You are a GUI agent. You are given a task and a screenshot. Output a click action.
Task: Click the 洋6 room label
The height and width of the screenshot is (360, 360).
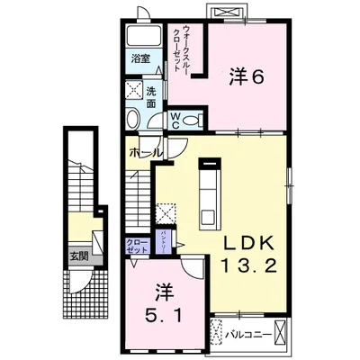pyautogui.click(x=245, y=77)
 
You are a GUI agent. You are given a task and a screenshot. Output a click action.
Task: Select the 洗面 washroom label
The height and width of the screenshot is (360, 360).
pyautogui.click(x=150, y=96)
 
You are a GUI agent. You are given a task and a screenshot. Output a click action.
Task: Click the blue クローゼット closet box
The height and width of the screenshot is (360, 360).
pyautogui.click(x=137, y=247)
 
